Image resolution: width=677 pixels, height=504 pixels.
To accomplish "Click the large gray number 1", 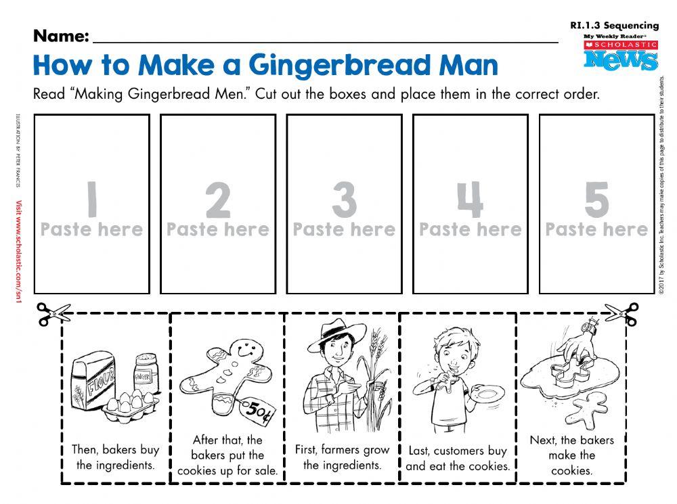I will pyautogui.click(x=91, y=198).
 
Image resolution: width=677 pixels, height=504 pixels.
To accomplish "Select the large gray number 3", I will pyautogui.click(x=344, y=199).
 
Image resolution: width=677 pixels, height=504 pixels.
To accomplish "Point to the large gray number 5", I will pyautogui.click(x=596, y=199).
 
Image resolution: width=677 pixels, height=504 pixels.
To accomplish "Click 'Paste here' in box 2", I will pyautogui.click(x=218, y=230).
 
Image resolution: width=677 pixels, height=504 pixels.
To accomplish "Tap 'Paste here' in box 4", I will pyautogui.click(x=471, y=230).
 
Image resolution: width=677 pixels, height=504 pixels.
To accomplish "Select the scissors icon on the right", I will pyautogui.click(x=621, y=313).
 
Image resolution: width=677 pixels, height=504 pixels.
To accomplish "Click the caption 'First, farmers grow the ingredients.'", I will pyautogui.click(x=342, y=457).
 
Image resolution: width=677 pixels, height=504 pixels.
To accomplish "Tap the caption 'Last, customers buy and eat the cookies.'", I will pyautogui.click(x=458, y=458).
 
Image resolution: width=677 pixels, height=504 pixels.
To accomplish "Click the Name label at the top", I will pyautogui.click(x=61, y=35).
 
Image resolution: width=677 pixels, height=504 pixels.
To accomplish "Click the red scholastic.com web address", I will pyautogui.click(x=19, y=254).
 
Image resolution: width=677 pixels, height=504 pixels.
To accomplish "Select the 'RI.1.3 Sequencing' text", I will pyautogui.click(x=614, y=26).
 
